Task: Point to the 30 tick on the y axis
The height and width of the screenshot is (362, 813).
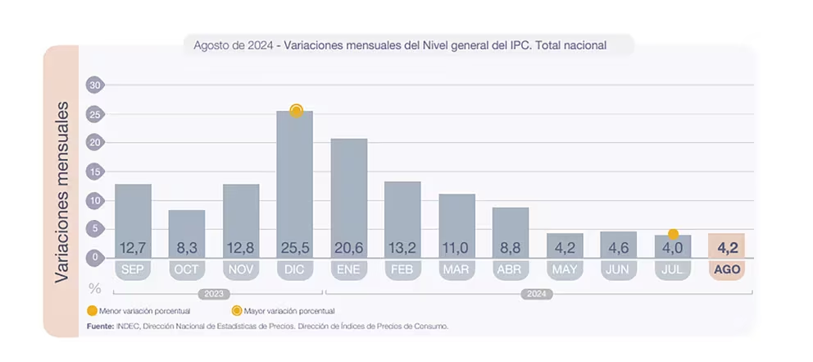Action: pos(95,85)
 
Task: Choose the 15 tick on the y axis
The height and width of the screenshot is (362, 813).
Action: pos(95,172)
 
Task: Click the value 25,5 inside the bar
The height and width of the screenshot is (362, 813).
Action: pos(294,247)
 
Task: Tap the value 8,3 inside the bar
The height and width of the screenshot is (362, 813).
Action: pos(187,247)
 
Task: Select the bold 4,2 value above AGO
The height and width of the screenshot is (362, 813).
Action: pos(726,246)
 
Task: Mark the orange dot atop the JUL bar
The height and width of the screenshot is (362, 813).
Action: pos(673,234)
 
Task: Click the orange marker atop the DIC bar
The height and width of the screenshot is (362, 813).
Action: pos(296,111)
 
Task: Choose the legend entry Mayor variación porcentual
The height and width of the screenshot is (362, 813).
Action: pos(283,311)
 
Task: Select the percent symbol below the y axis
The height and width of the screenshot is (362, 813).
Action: pos(95,288)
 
